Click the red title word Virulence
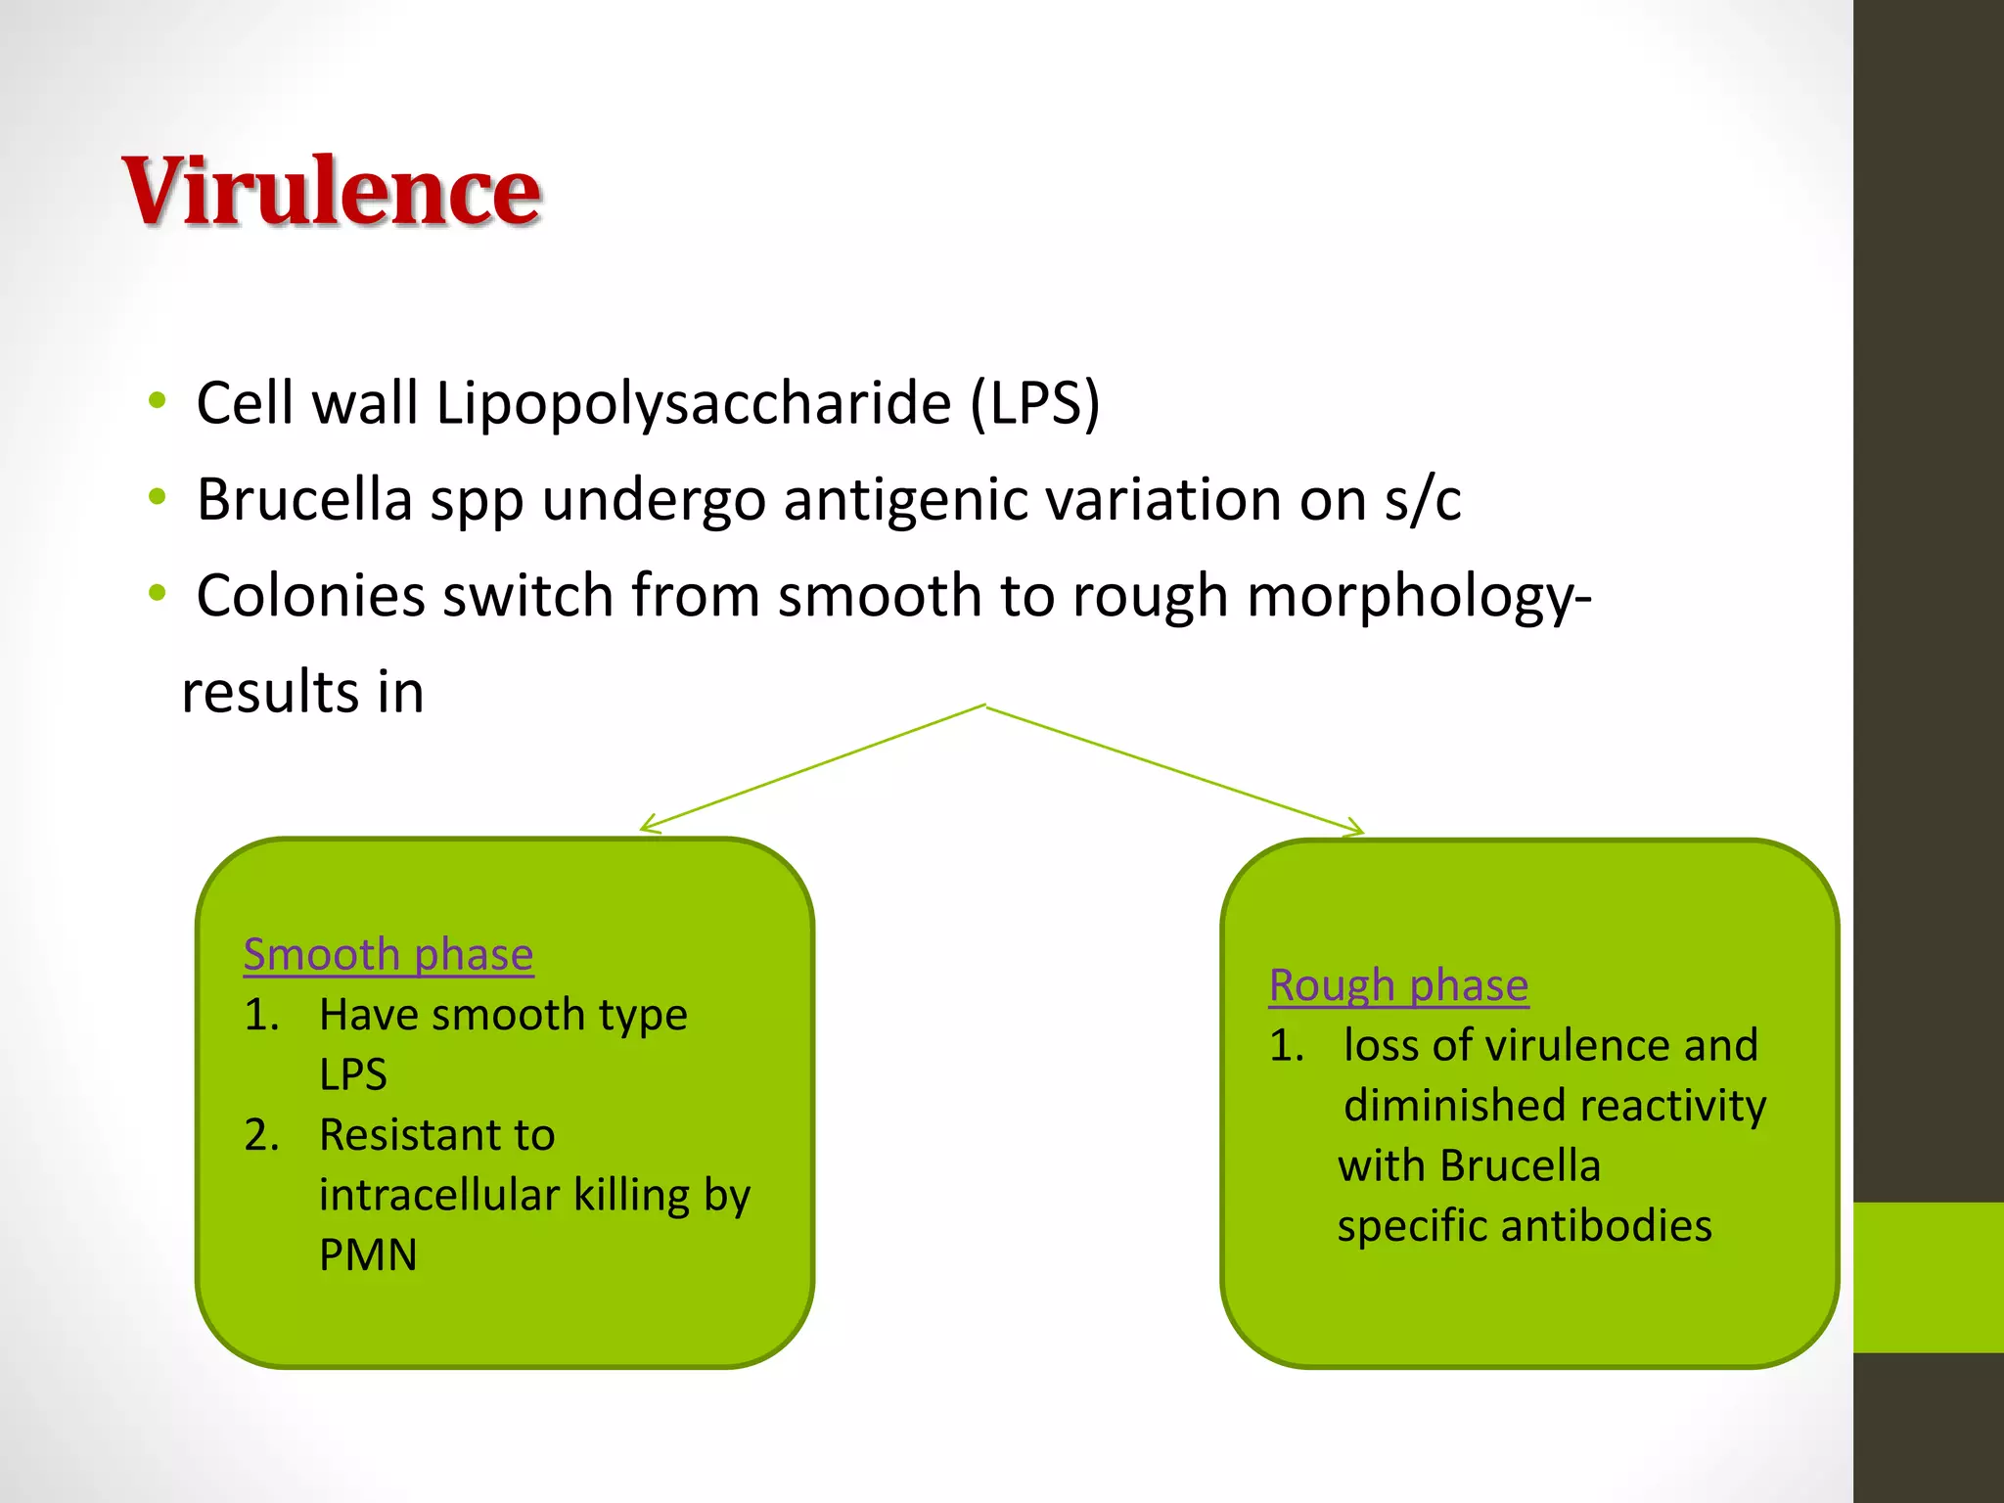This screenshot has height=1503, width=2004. pyautogui.click(x=331, y=192)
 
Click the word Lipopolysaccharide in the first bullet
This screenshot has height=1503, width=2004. pyautogui.click(x=693, y=403)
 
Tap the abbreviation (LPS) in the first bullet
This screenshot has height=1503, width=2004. pyautogui.click(x=1034, y=403)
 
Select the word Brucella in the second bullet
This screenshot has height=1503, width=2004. pyautogui.click(x=304, y=500)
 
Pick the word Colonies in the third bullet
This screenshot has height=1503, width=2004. pyautogui.click(x=310, y=596)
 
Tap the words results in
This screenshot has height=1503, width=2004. pyautogui.click(x=302, y=693)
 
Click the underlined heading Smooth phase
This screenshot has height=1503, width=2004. pyautogui.click(x=388, y=955)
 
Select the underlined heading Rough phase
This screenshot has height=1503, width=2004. pyautogui.click(x=1398, y=985)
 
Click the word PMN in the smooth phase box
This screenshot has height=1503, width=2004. pyautogui.click(x=368, y=1255)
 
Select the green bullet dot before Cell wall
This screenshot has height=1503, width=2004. pyautogui.click(x=157, y=400)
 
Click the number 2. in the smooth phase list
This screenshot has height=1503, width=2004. pyautogui.click(x=261, y=1135)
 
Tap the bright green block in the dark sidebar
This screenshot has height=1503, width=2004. pyautogui.click(x=1928, y=1277)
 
